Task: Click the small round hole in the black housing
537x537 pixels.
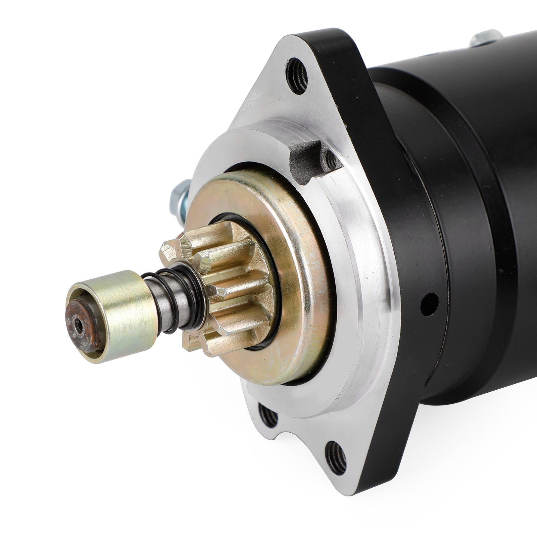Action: (429, 304)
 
